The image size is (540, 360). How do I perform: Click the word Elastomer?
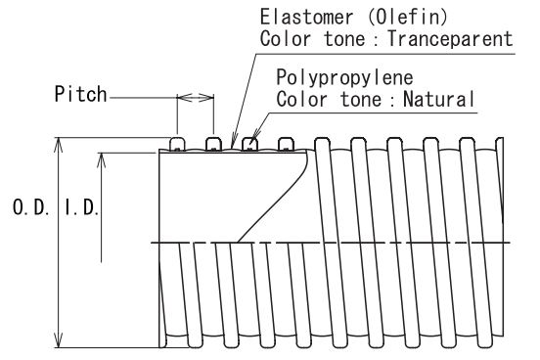click(x=306, y=17)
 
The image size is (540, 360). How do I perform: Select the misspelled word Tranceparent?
click(x=451, y=38)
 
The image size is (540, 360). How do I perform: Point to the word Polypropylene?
click(x=344, y=78)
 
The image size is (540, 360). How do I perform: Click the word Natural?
click(x=438, y=99)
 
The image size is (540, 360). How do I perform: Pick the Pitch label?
click(x=80, y=94)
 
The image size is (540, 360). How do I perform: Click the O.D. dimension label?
click(x=30, y=207)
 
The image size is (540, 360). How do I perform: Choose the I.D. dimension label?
click(x=81, y=207)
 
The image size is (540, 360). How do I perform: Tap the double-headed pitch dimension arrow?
click(x=196, y=98)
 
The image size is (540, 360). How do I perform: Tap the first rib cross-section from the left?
click(x=177, y=145)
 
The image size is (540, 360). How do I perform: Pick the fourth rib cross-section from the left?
click(x=286, y=145)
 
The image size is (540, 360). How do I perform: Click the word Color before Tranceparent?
click(x=285, y=38)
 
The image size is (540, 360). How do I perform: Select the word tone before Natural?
click(x=361, y=99)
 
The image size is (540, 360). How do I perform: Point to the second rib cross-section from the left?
click(x=213, y=145)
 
